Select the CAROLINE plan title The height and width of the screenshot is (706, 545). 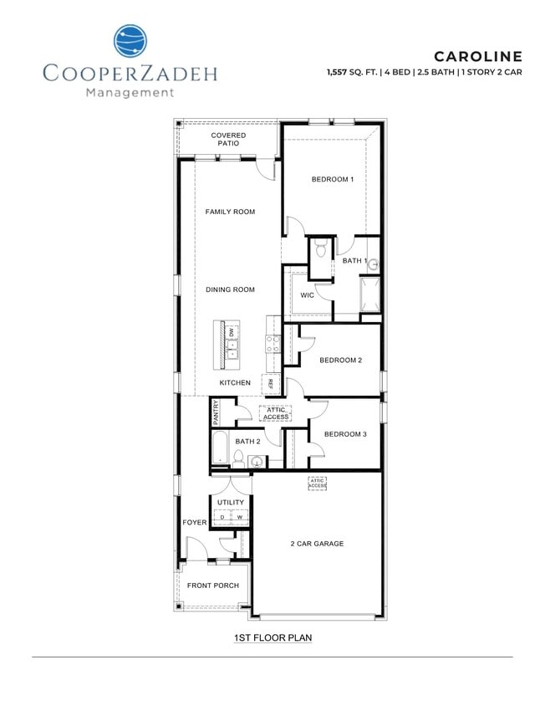477,56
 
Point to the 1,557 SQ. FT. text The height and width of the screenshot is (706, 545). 354,73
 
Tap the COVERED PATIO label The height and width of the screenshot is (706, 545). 228,139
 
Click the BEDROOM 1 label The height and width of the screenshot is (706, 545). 333,179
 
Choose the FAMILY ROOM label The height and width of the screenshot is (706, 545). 230,212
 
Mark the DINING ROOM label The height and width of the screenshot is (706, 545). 230,289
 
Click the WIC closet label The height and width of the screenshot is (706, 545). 307,295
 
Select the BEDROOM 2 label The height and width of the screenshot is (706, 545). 341,361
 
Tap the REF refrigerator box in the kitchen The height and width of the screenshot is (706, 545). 270,384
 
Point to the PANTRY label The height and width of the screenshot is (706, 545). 216,412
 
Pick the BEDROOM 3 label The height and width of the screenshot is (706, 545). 345,434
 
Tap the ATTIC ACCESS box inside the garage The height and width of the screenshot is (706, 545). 317,483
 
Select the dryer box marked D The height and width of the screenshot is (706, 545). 222,517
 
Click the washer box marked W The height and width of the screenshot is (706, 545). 239,517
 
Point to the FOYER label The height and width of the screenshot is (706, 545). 195,523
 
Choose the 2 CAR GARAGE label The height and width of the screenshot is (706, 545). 317,544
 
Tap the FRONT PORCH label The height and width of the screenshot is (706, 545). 212,586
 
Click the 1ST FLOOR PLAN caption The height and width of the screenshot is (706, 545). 272,637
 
